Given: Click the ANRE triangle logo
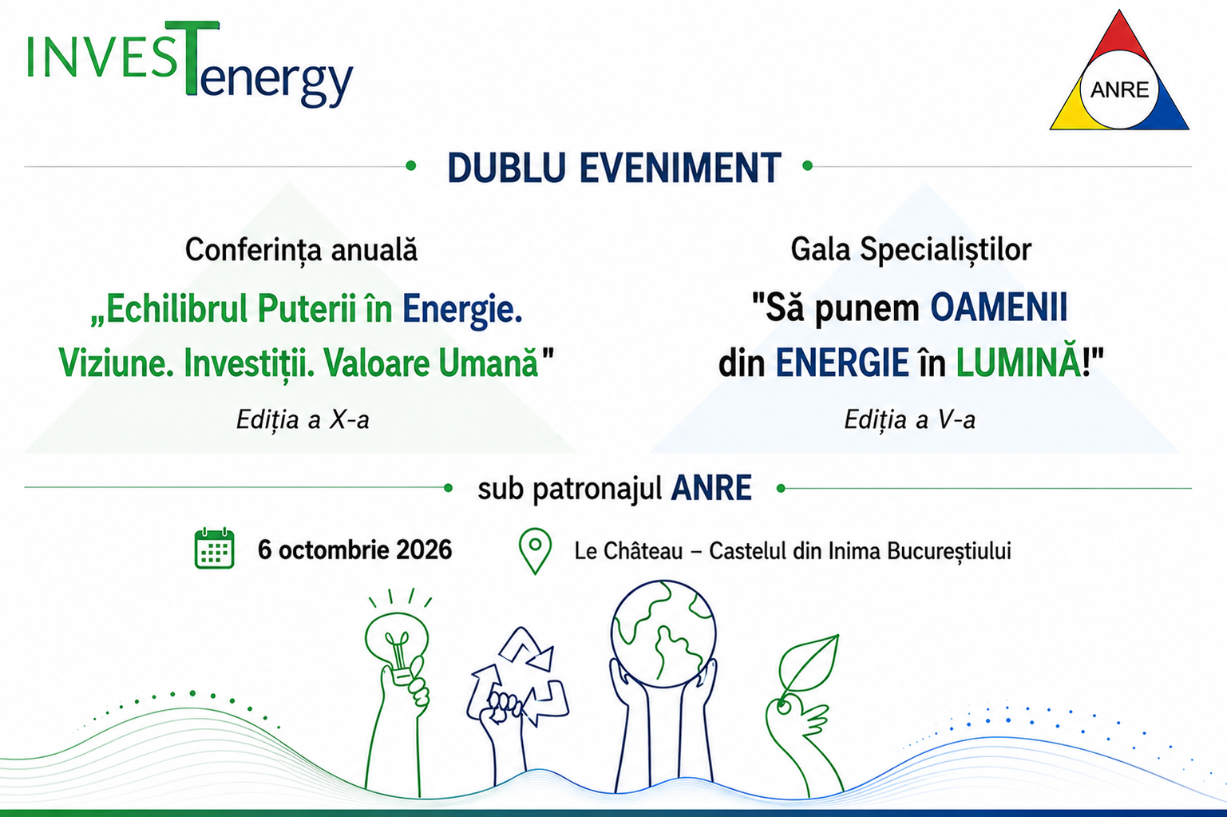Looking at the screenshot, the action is (1119, 71).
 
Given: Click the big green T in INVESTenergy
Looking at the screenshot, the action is (192, 58).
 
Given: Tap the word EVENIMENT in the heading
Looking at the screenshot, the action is (680, 168).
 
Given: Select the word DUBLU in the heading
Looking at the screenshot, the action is (507, 168).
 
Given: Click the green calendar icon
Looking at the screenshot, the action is (215, 549).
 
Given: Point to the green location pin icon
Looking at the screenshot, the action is (535, 550).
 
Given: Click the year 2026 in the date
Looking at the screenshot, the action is (424, 550).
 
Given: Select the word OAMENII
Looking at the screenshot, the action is (999, 307).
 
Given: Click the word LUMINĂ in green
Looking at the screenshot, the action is (1019, 363).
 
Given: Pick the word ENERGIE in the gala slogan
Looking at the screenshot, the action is (842, 363).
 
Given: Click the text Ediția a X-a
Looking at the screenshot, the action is (303, 420).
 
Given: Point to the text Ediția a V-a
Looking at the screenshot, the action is (909, 420).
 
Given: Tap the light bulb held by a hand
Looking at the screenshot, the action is (397, 647).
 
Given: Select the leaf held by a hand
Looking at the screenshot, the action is (809, 668).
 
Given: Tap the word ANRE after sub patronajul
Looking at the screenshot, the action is (711, 488).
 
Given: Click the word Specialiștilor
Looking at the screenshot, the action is (945, 250).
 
